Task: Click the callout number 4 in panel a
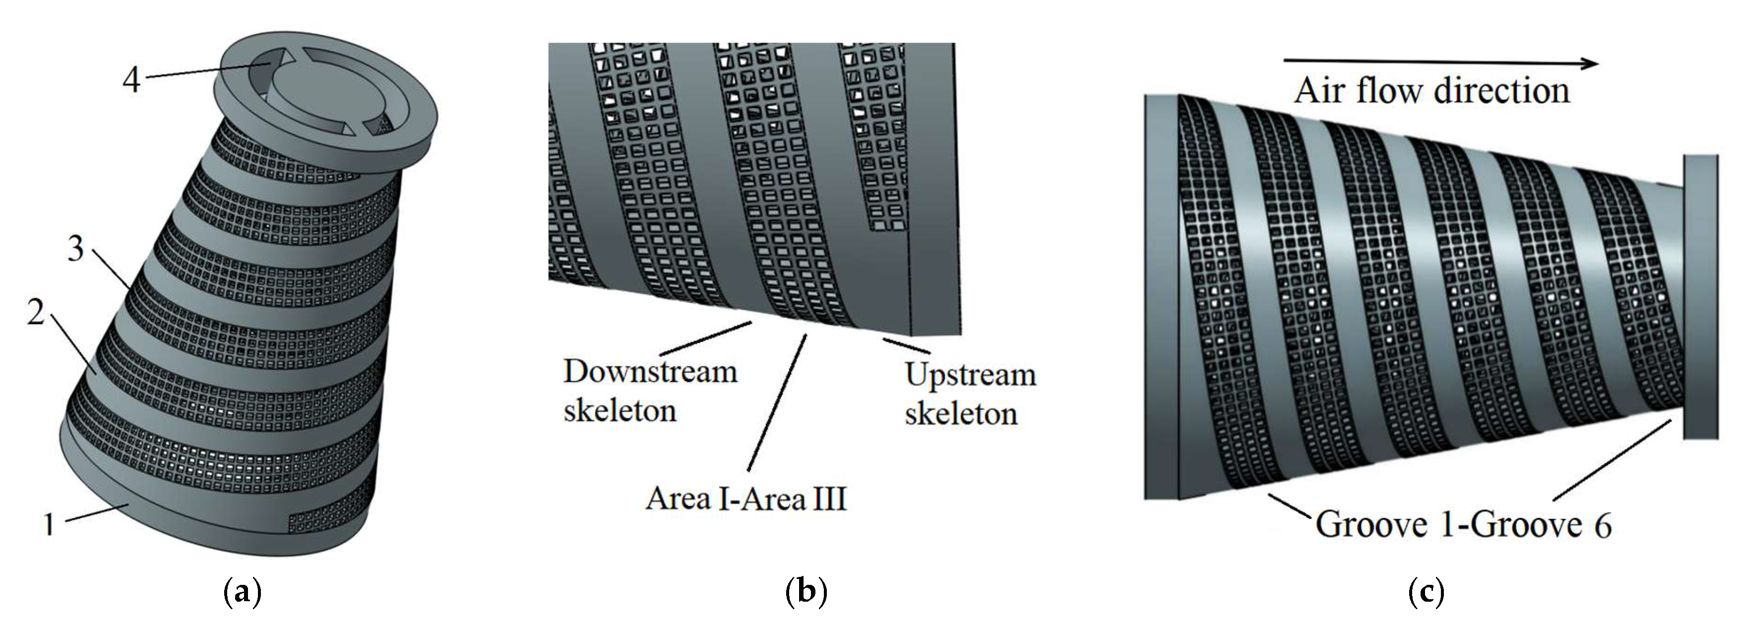[x=131, y=80]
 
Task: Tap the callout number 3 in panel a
[x=75, y=249]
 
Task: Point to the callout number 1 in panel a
[x=48, y=524]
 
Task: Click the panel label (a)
[x=241, y=593]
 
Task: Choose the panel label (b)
[x=806, y=593]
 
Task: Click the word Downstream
[x=650, y=372]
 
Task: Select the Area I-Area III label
[x=745, y=500]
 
